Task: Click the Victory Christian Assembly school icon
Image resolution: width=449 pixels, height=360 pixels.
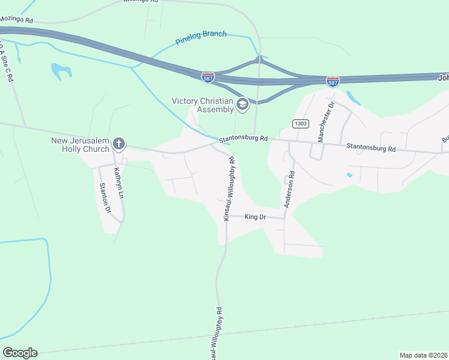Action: [243, 105]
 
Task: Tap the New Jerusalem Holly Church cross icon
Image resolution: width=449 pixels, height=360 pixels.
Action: [119, 143]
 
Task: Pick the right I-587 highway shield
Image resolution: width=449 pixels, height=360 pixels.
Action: [333, 80]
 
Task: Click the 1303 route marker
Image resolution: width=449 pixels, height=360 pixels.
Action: [301, 124]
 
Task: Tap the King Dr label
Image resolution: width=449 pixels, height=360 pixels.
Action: [255, 217]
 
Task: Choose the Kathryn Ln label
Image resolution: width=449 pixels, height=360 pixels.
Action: [119, 184]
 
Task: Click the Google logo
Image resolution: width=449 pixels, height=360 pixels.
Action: [20, 353]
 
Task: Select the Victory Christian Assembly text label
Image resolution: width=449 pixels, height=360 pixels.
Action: [202, 105]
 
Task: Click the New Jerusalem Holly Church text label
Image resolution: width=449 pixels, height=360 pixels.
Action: [80, 145]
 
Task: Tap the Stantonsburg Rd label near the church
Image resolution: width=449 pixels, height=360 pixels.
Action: [243, 138]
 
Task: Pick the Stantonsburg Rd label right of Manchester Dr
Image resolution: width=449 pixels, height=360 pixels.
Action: [371, 148]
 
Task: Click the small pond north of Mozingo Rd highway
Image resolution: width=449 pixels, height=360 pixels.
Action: [62, 71]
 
